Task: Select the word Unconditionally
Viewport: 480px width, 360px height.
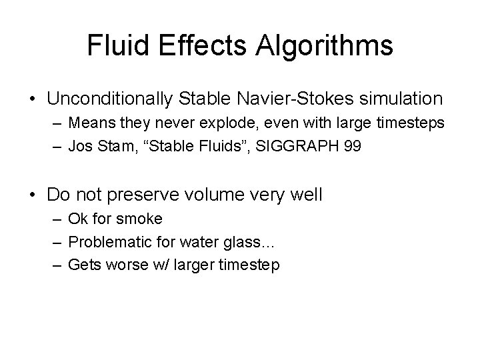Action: [x=110, y=99]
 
